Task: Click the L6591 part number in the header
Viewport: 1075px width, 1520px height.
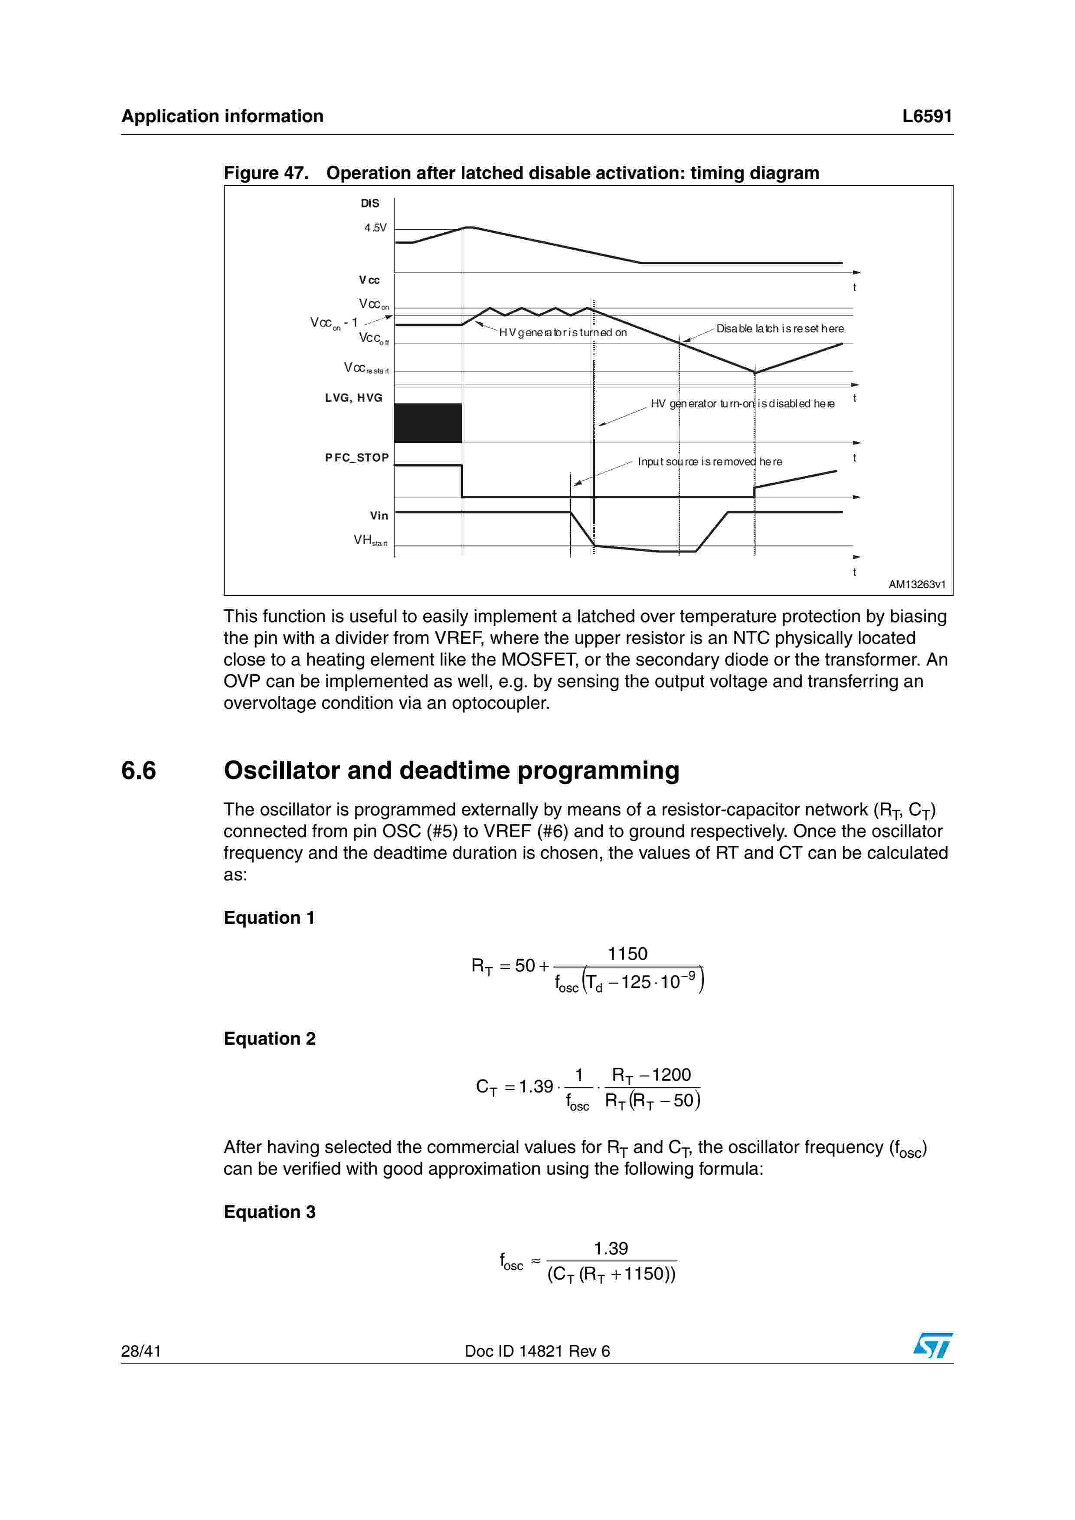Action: click(x=927, y=117)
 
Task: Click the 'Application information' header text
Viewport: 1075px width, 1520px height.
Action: click(x=222, y=117)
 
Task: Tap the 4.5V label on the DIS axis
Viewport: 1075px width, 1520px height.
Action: click(x=375, y=228)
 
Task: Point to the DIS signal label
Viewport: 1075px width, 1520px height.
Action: click(x=369, y=203)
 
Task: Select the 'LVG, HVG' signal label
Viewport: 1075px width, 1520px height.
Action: click(x=354, y=398)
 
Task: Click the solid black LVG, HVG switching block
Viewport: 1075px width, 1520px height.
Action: click(x=428, y=423)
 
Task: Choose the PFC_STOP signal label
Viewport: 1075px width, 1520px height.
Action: click(x=356, y=458)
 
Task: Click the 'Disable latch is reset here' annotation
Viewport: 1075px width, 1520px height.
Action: click(x=780, y=328)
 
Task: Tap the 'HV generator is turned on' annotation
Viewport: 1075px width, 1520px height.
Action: click(x=562, y=332)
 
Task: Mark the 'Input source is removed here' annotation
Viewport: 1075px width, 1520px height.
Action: click(x=709, y=461)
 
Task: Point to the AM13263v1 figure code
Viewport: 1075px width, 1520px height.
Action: click(x=917, y=585)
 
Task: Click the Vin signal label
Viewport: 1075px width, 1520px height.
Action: click(x=379, y=516)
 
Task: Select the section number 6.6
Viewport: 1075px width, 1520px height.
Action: click(x=138, y=770)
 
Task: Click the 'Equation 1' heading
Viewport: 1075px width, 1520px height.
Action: click(x=269, y=918)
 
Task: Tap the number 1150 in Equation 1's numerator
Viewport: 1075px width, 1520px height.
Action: click(x=627, y=954)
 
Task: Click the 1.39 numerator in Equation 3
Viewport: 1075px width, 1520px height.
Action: click(x=611, y=1249)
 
